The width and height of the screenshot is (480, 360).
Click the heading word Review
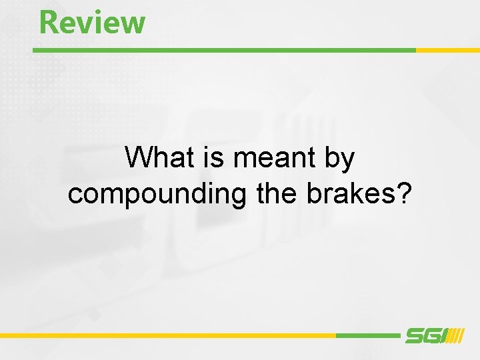click(92, 21)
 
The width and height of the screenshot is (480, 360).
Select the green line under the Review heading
click(223, 50)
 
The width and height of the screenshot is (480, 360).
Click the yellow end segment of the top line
click(447, 50)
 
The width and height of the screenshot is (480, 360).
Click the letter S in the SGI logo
click(415, 336)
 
